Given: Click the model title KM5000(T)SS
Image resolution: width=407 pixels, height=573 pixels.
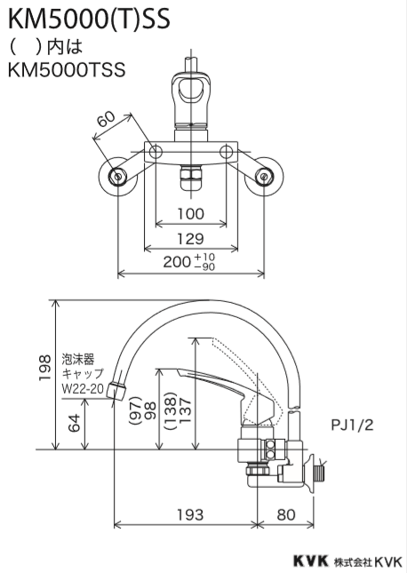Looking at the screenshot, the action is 89,19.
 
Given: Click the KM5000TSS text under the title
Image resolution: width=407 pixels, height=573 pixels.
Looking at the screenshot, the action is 67,70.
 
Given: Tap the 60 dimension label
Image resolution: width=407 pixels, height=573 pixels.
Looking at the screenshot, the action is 107,119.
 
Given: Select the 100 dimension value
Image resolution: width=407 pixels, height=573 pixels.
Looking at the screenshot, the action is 190,214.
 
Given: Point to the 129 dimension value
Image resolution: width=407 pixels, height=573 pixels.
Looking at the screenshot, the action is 190,239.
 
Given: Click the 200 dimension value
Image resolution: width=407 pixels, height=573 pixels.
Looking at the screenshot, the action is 177,262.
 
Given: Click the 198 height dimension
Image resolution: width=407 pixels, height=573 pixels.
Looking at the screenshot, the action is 44,368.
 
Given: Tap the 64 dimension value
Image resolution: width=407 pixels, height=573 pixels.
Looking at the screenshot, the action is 75,423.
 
